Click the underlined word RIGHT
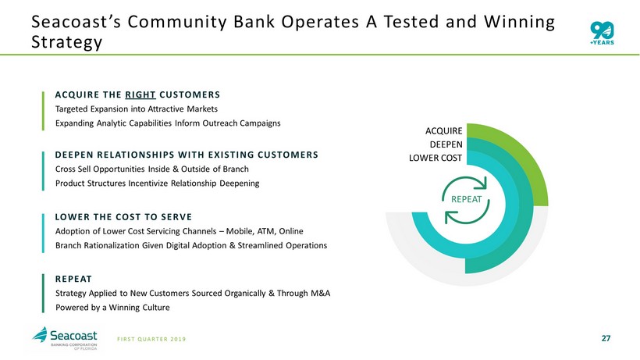tap(140, 94)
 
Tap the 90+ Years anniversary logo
tap(602, 33)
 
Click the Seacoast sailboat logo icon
tap(40, 335)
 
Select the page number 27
tap(606, 338)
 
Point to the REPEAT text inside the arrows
tap(466, 199)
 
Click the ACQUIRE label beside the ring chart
tap(443, 131)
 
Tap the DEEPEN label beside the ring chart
tap(446, 144)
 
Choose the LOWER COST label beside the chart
tap(436, 158)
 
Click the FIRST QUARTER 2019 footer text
tap(151, 339)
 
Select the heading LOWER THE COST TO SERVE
tap(123, 217)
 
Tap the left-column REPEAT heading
tap(73, 280)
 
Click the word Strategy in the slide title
tap(66, 42)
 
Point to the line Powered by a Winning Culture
tap(112, 308)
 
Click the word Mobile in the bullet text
tap(239, 231)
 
